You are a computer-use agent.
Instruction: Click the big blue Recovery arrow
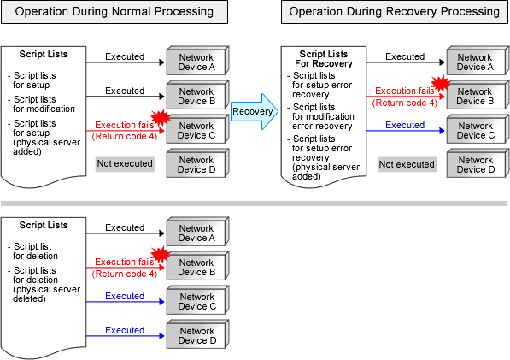(255, 112)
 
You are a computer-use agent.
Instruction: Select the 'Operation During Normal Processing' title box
(114, 12)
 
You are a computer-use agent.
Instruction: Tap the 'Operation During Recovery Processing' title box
(395, 12)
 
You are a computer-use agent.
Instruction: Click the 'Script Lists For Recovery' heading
(324, 59)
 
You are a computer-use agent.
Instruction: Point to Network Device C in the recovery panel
(476, 130)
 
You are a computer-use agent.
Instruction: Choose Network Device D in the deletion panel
(197, 335)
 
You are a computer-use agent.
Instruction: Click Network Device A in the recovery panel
(476, 62)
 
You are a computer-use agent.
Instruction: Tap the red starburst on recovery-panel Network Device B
(441, 84)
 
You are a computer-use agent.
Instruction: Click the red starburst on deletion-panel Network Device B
(161, 255)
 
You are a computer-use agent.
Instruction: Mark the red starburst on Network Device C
(161, 117)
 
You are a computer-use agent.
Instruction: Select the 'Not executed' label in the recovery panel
(407, 164)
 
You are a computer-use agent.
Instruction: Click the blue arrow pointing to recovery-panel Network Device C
(405, 131)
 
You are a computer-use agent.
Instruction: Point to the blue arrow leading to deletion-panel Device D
(126, 336)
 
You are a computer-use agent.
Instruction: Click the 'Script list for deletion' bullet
(32, 251)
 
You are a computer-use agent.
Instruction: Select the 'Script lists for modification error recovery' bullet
(321, 116)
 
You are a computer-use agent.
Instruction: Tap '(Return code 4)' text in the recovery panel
(405, 103)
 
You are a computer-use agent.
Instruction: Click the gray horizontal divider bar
(254, 204)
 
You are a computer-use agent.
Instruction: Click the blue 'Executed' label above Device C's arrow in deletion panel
(125, 296)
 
